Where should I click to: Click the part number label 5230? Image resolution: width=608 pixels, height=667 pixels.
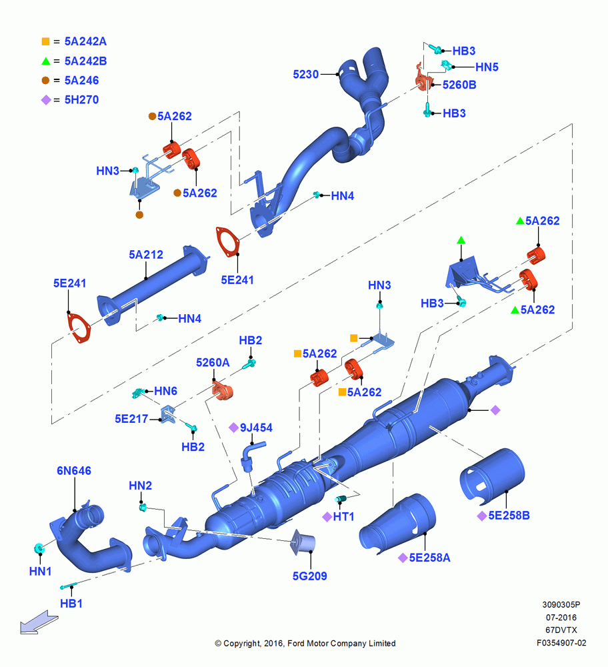306,75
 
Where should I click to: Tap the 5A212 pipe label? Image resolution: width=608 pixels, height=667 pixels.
146,255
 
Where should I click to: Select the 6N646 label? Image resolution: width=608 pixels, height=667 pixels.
74,471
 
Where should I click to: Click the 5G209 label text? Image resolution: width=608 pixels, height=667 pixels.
309,576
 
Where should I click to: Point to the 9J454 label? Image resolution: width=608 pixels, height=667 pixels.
256,428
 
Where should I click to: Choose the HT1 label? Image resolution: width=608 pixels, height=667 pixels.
343,517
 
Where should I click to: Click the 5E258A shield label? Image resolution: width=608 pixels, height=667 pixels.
429,558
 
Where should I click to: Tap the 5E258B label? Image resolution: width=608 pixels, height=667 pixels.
509,516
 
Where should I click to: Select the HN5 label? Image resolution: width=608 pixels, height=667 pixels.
487,67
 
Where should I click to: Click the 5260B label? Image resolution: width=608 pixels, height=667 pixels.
459,85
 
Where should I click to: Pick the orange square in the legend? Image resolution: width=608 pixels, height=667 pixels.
45,41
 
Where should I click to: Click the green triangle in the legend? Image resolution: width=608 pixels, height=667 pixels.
45,61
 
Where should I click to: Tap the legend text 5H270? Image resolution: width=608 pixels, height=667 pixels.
81,100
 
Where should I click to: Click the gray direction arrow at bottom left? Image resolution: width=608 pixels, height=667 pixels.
39,623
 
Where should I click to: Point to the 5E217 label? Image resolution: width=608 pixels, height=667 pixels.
131,419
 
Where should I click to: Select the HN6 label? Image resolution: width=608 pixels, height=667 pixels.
165,391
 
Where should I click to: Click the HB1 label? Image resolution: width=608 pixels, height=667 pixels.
71,604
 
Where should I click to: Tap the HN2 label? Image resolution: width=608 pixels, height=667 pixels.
140,486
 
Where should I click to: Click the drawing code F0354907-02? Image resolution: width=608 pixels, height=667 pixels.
561,643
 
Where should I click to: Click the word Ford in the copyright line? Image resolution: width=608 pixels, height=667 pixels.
297,643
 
